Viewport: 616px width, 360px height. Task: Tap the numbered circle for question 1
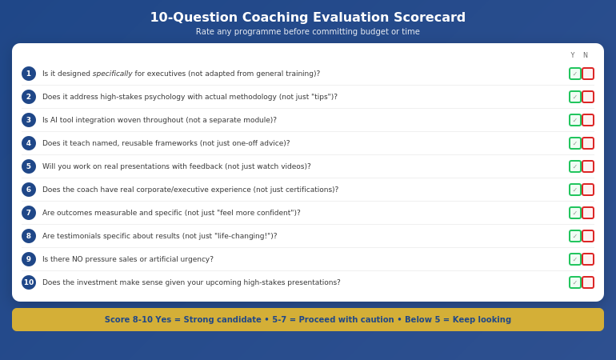pyautogui.click(x=29, y=74)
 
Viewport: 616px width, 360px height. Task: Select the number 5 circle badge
pyautogui.click(x=29, y=166)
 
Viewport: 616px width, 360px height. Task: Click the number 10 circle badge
pyautogui.click(x=29, y=282)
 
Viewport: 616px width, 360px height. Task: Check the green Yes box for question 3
pyautogui.click(x=575, y=120)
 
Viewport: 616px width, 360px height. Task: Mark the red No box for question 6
pyautogui.click(x=588, y=190)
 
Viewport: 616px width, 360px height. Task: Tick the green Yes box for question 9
pyautogui.click(x=575, y=259)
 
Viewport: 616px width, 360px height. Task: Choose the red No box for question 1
pyautogui.click(x=588, y=74)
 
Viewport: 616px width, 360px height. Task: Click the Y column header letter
pyautogui.click(x=573, y=55)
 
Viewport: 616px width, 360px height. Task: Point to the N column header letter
pyautogui.click(x=585, y=55)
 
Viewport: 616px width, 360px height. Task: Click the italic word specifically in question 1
pyautogui.click(x=112, y=74)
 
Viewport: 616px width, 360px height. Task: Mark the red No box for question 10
pyautogui.click(x=588, y=282)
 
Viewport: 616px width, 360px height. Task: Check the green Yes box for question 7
pyautogui.click(x=575, y=213)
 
